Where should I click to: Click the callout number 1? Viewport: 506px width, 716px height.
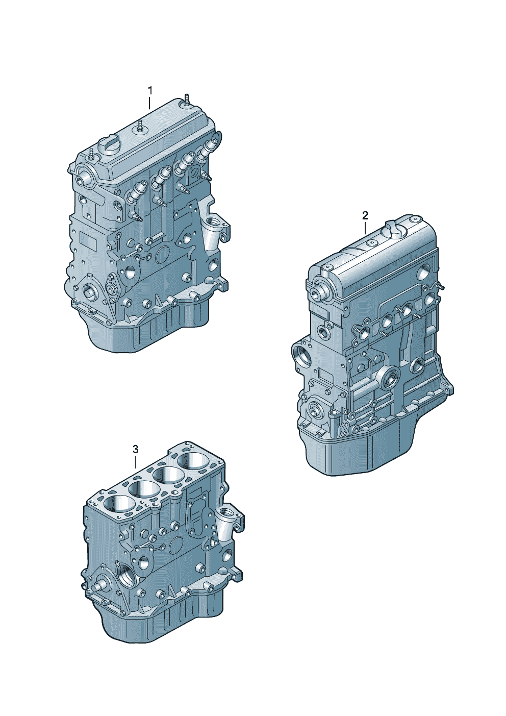150,91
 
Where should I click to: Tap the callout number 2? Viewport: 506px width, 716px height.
365,215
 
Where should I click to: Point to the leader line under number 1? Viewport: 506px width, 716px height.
149,104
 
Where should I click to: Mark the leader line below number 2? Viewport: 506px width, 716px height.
365,229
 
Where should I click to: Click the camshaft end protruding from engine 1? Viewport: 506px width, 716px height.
84,177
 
